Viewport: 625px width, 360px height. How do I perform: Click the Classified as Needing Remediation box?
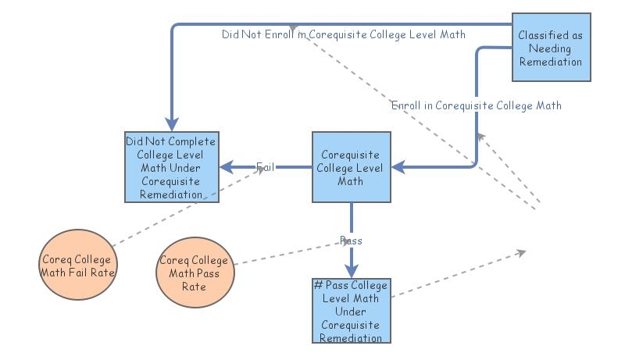pyautogui.click(x=551, y=47)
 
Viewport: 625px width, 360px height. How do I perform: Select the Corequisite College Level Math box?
pyautogui.click(x=351, y=167)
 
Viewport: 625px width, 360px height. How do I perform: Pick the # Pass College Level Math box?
pyautogui.click(x=351, y=311)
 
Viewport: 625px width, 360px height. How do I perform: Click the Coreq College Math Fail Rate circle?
pyautogui.click(x=77, y=266)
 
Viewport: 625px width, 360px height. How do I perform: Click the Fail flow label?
pyautogui.click(x=265, y=166)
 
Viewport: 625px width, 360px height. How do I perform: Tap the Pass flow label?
pyautogui.click(x=351, y=241)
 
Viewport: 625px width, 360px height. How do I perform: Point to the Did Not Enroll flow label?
pyautogui.click(x=343, y=34)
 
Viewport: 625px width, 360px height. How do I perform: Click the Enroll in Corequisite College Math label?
pyautogui.click(x=477, y=105)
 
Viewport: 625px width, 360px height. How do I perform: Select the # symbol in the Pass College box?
pyautogui.click(x=318, y=285)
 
